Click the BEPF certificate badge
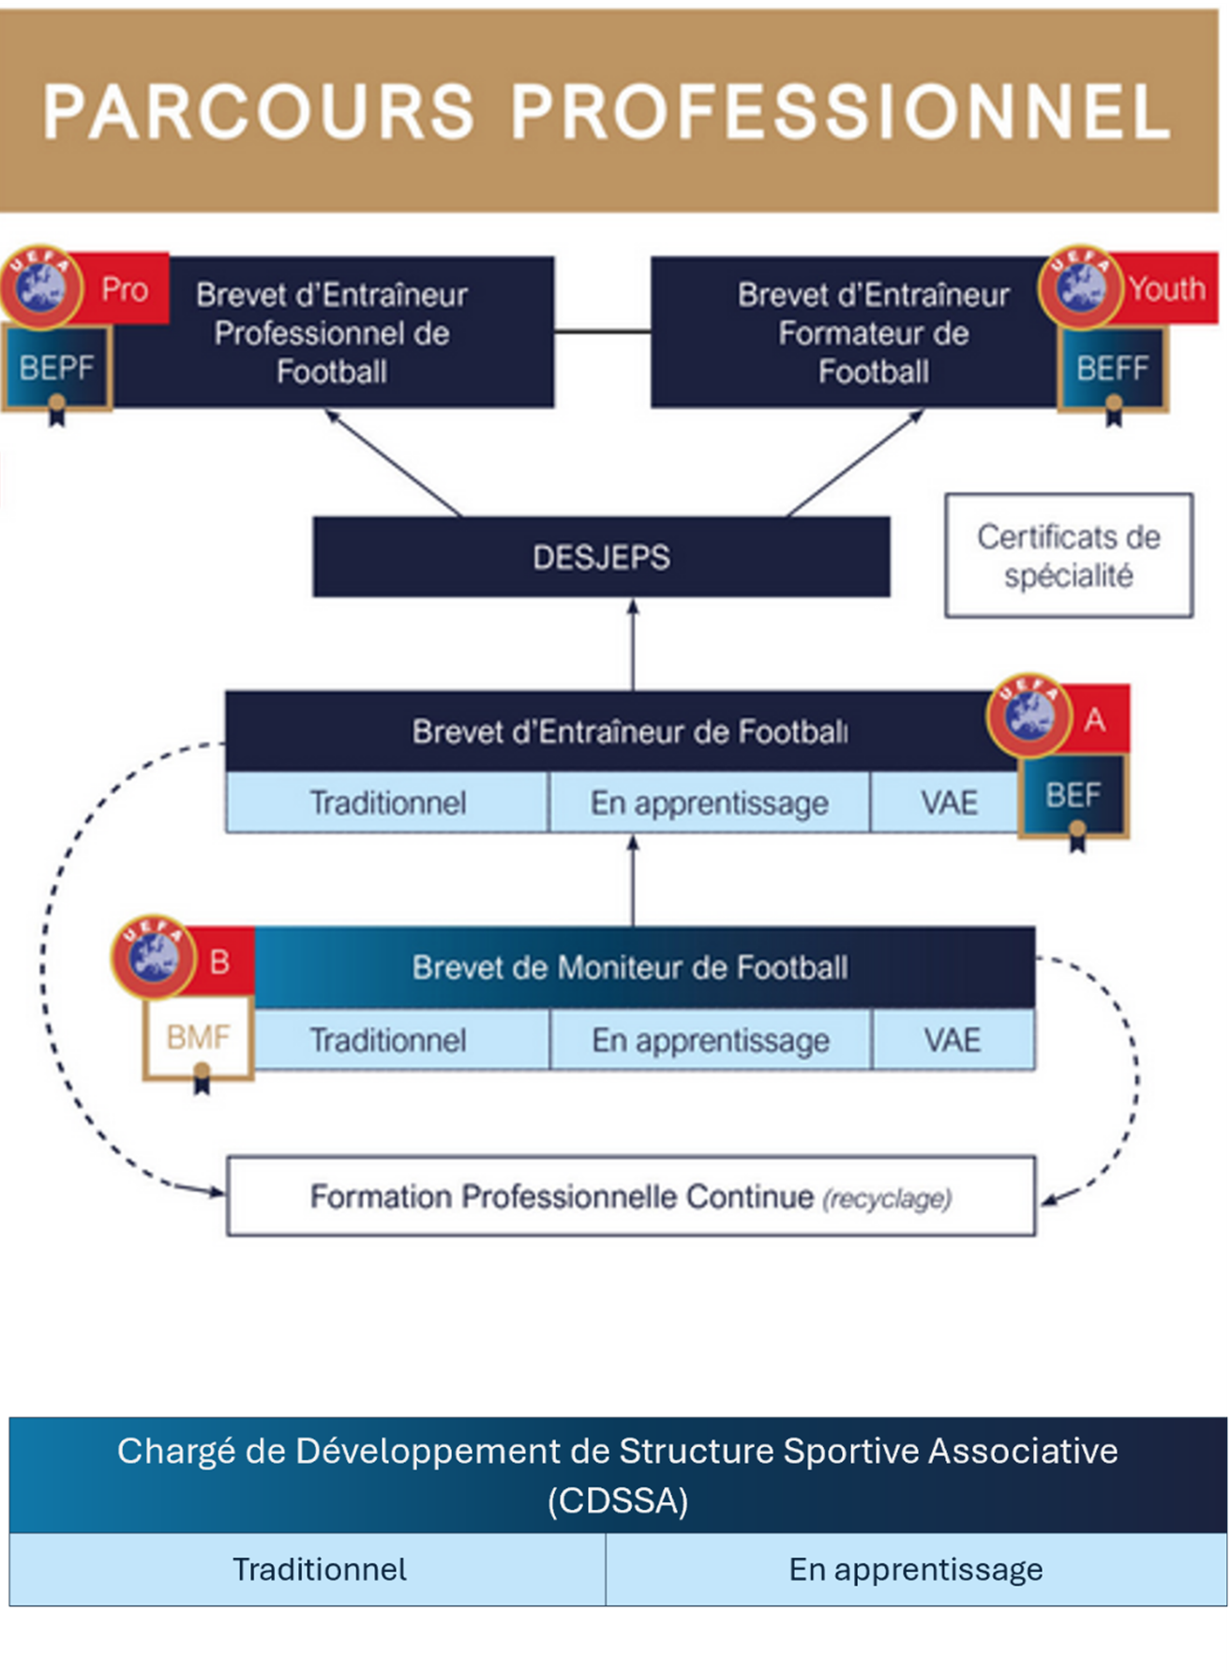coord(56,367)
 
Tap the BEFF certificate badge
coord(1112,368)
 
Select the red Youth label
coord(1166,289)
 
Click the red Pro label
coord(125,290)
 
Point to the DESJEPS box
coord(601,557)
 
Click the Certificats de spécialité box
coord(1069,556)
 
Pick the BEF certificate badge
coord(1073,796)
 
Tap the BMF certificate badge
coord(198,1037)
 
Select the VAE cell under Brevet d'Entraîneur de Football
coord(949,802)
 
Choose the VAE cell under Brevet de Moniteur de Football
coord(953,1040)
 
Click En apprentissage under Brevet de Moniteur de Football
coord(711,1040)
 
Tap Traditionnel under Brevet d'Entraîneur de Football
coord(387,802)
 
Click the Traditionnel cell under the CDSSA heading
coord(319,1570)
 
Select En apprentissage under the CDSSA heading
coord(915,1570)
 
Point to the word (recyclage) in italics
coord(887,1199)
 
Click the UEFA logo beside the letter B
coord(153,957)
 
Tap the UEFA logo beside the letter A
coord(1028,716)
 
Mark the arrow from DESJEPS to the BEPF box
coord(394,463)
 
